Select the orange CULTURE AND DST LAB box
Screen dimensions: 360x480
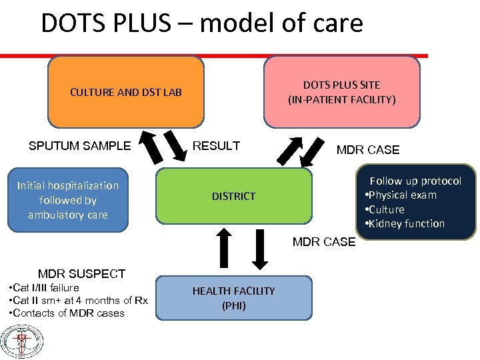(x=126, y=92)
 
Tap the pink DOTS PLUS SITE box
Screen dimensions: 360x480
(x=341, y=92)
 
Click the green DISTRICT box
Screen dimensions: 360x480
(x=233, y=196)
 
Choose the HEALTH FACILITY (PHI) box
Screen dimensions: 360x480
(x=233, y=298)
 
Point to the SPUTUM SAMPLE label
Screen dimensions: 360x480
(x=79, y=146)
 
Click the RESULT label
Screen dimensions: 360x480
(x=216, y=146)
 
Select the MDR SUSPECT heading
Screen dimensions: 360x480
(x=81, y=273)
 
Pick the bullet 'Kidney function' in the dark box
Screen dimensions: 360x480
(x=405, y=224)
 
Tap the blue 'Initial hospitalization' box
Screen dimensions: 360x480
(x=68, y=200)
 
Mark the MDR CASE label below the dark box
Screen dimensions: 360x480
(x=324, y=242)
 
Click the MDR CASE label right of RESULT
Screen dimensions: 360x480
(x=367, y=150)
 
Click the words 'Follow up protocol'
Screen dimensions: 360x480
(x=415, y=181)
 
